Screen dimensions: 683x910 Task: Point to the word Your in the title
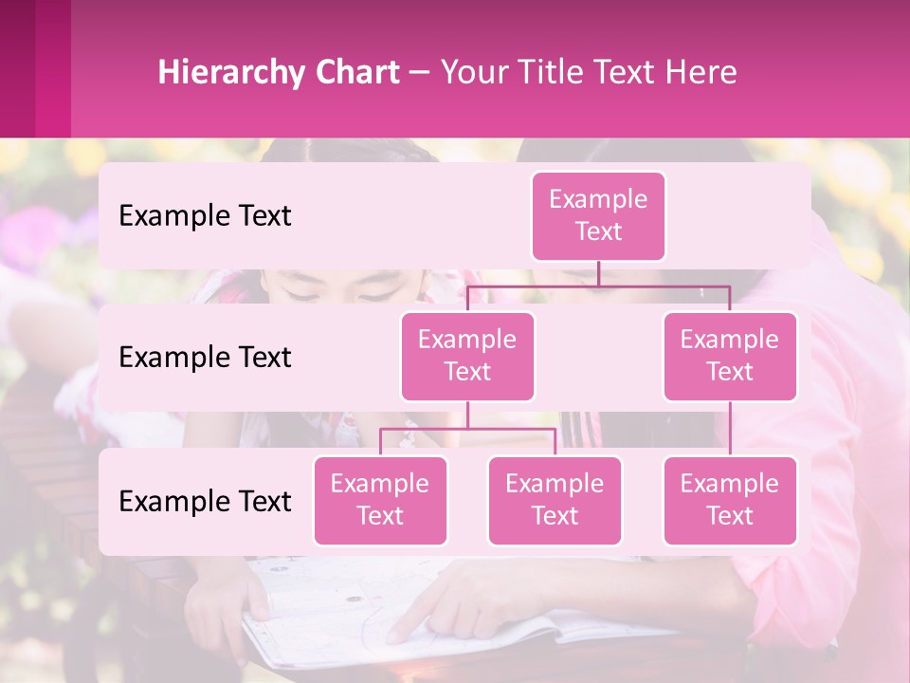(x=472, y=72)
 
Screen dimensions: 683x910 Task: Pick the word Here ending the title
(x=702, y=72)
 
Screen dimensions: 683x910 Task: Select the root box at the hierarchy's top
(x=598, y=215)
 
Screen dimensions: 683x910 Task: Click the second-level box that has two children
(x=467, y=356)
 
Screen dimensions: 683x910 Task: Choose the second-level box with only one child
(x=730, y=356)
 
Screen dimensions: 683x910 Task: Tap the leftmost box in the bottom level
(x=380, y=500)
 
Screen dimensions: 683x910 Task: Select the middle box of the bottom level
(x=555, y=500)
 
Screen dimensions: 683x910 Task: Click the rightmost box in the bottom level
(x=730, y=500)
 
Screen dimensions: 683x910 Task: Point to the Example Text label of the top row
(x=205, y=216)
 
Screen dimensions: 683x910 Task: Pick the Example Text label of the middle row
(x=205, y=358)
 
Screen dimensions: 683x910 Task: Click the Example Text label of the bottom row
(x=205, y=502)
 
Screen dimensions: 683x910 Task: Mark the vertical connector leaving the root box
(x=598, y=273)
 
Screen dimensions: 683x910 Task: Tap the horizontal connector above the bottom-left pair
(x=467, y=429)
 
